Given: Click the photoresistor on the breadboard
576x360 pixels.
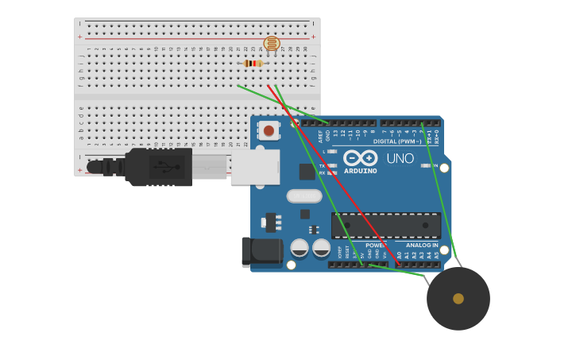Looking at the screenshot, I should coord(272,44).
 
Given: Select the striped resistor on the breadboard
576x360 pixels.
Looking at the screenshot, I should coord(253,64).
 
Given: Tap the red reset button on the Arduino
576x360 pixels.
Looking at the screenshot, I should coord(269,130).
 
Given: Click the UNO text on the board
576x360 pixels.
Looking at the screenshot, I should coord(400,158).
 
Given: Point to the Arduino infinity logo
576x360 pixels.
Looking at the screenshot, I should coord(360,157).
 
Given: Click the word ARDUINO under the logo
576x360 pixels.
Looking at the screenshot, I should coord(360,171).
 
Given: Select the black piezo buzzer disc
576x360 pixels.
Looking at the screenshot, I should coord(458,299).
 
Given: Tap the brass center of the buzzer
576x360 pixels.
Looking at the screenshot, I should coord(458,299).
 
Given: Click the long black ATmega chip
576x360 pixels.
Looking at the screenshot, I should coord(386,226).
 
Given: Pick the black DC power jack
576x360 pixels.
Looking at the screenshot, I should coord(262,251).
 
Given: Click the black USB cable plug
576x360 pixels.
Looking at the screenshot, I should coord(159,167).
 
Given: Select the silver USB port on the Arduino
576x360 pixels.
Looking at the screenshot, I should coord(255,167).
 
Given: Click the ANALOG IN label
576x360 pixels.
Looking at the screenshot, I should coord(422,245).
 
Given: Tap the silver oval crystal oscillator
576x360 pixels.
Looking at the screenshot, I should coord(304,195).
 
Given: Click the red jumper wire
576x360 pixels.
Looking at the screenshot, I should coord(334,175).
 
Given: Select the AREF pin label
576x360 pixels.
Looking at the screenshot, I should coord(321,136).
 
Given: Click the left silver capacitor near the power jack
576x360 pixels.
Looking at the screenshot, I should coord(300,248).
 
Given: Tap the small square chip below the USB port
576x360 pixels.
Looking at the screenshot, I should coord(307,172).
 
